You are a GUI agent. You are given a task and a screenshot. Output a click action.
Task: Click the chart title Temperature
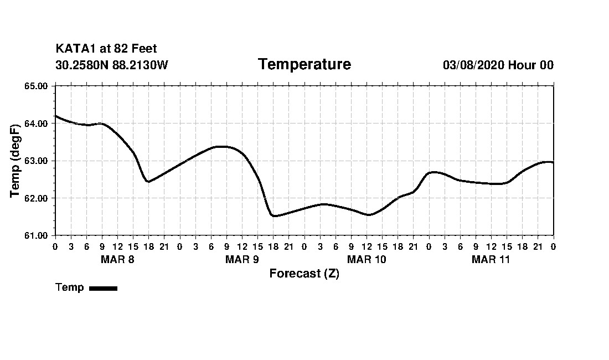[304, 65]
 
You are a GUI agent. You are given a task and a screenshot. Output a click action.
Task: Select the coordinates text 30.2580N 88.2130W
[111, 65]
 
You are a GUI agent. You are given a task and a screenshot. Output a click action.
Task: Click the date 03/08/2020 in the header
[473, 65]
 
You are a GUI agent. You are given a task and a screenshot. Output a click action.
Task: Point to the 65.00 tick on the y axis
[37, 86]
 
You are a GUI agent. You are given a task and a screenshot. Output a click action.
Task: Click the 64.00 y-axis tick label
[37, 124]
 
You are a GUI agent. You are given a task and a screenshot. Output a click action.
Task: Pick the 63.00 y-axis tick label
[37, 161]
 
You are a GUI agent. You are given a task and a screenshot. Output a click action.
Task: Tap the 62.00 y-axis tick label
[37, 198]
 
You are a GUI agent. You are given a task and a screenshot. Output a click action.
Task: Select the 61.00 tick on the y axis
[37, 235]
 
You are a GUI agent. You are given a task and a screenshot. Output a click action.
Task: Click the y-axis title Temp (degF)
[16, 161]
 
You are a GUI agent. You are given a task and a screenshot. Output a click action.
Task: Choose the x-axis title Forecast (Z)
[304, 274]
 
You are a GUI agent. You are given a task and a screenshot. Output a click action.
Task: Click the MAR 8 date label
[117, 259]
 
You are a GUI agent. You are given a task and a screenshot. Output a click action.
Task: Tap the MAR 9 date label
[242, 259]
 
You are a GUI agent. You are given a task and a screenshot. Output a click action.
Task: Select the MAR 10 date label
[367, 259]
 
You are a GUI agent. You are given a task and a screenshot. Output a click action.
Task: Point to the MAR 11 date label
[491, 259]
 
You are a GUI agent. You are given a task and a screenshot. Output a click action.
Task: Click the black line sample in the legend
[103, 288]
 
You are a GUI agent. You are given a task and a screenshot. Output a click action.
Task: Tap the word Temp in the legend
[70, 287]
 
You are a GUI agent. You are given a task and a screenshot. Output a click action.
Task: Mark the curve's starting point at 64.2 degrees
[55, 116]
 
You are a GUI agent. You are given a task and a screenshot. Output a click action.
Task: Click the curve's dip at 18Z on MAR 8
[148, 182]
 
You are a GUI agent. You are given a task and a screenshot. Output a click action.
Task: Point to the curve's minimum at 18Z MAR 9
[274, 216]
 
